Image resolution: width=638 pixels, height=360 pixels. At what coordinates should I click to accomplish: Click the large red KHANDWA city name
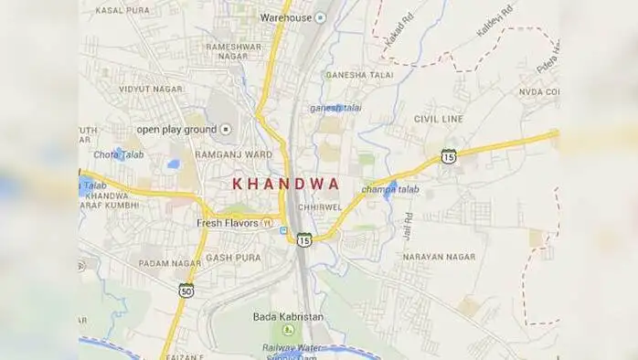tap(286, 183)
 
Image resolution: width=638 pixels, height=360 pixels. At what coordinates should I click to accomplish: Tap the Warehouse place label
tap(286, 17)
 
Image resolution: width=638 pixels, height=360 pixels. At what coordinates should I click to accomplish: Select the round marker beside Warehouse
tap(320, 17)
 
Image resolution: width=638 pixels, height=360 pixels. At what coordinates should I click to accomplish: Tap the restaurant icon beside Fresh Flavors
tap(267, 223)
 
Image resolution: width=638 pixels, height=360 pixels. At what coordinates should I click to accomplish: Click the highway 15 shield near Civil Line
tap(448, 157)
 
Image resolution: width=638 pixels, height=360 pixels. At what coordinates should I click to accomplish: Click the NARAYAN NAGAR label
tap(439, 258)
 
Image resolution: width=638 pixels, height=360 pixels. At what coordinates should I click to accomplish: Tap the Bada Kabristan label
tap(288, 316)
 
